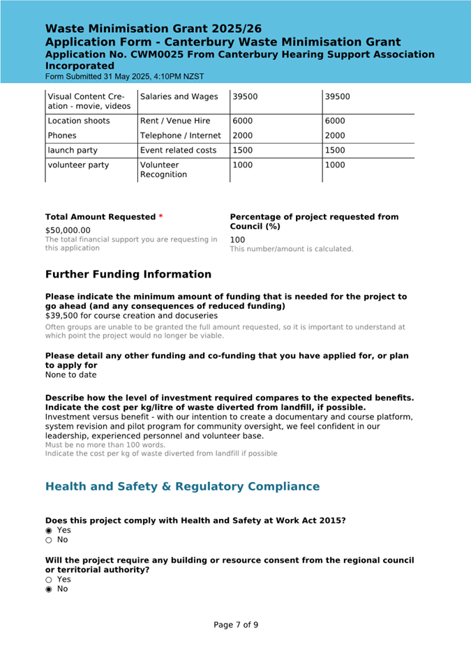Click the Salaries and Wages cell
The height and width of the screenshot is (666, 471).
pyautogui.click(x=179, y=97)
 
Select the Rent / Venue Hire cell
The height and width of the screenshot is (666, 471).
pyautogui.click(x=174, y=121)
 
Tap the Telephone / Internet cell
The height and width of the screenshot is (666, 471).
pyautogui.click(x=180, y=136)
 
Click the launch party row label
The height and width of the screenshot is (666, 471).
pyautogui.click(x=73, y=151)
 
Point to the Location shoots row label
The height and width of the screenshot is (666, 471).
pyautogui.click(x=78, y=121)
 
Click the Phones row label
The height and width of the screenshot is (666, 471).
pyautogui.click(x=62, y=136)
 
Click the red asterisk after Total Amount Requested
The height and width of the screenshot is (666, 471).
pyautogui.click(x=161, y=217)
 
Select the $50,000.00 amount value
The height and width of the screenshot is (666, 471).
pyautogui.click(x=68, y=230)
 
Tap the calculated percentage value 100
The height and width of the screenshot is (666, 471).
pyautogui.click(x=237, y=239)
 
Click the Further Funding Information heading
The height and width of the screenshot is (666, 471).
pyautogui.click(x=128, y=275)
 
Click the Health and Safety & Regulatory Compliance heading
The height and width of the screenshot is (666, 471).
pyautogui.click(x=182, y=487)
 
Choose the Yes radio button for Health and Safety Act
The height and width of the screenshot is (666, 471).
pyautogui.click(x=49, y=530)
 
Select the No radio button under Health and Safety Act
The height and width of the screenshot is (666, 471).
pyautogui.click(x=49, y=540)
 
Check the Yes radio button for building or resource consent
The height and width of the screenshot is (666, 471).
pyautogui.click(x=49, y=580)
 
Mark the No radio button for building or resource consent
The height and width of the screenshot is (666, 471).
pyautogui.click(x=49, y=589)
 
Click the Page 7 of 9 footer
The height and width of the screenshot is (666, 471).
pyautogui.click(x=236, y=625)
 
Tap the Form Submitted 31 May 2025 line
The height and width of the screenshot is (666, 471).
pyautogui.click(x=125, y=76)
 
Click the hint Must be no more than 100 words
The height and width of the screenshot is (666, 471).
pyautogui.click(x=105, y=445)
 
